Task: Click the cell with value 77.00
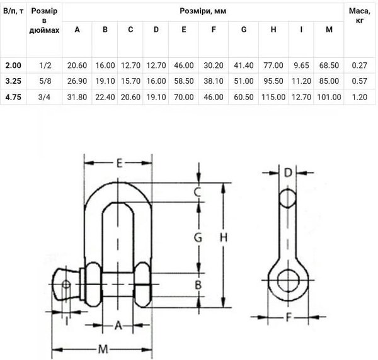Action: coord(273,65)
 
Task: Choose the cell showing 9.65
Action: coord(301,65)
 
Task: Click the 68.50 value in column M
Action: coord(329,65)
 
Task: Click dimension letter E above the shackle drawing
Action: coord(119,164)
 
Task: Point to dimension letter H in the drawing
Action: coord(222,237)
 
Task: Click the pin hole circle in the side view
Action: coord(288,279)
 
